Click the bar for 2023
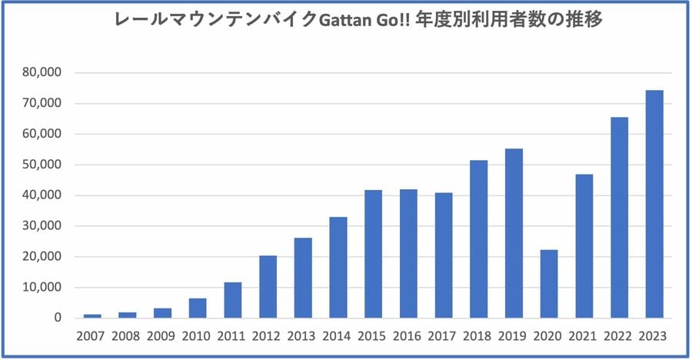coord(654,204)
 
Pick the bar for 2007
coord(92,315)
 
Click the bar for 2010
coord(198,308)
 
